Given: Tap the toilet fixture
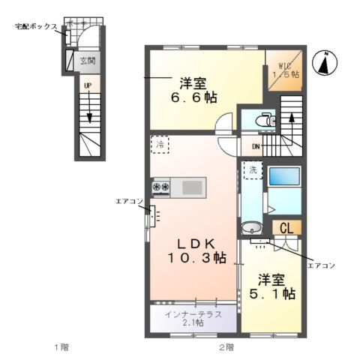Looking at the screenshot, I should pyautogui.click(x=262, y=119).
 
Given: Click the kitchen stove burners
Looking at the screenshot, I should pyautogui.click(x=162, y=186).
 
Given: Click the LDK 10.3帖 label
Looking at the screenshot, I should pyautogui.click(x=196, y=250).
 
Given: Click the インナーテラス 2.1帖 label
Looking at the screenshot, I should pyautogui.click(x=193, y=317).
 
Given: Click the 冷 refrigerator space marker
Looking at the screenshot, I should pyautogui.click(x=159, y=142).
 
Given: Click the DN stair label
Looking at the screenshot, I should pyautogui.click(x=256, y=146).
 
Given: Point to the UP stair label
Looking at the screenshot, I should pyautogui.click(x=88, y=86).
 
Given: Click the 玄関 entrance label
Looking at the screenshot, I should pyautogui.click(x=88, y=60).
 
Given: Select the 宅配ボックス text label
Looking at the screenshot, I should pyautogui.click(x=35, y=26).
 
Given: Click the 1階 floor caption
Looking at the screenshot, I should pyautogui.click(x=61, y=347).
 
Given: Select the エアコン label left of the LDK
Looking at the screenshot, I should pyautogui.click(x=128, y=200).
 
